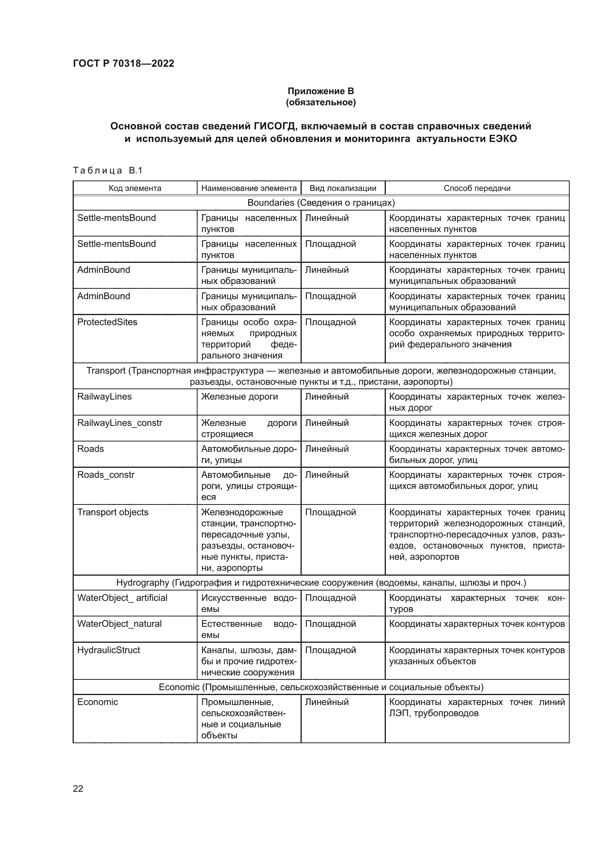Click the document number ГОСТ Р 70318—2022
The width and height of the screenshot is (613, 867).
123,63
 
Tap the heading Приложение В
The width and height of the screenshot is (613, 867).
321,91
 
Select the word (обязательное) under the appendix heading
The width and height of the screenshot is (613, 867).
321,102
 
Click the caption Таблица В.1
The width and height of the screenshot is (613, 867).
107,171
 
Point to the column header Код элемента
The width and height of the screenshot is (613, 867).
135,188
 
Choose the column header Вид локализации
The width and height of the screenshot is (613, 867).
343,188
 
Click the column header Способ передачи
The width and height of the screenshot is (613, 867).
477,188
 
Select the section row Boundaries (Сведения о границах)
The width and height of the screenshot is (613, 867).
321,203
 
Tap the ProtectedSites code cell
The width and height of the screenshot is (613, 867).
107,322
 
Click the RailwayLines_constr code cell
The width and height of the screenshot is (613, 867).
120,423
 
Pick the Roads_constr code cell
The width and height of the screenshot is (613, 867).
106,475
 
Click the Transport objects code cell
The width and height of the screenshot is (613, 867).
113,512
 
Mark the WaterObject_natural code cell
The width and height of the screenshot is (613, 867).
119,624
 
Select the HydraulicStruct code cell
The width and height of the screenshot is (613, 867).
108,650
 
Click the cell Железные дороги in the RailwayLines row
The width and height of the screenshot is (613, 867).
239,397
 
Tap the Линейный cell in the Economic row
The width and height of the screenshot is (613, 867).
327,702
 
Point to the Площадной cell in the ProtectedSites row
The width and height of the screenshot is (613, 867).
330,322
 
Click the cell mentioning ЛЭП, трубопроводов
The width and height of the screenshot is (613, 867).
477,708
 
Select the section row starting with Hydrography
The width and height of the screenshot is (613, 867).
321,583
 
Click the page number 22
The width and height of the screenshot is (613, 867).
78,788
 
